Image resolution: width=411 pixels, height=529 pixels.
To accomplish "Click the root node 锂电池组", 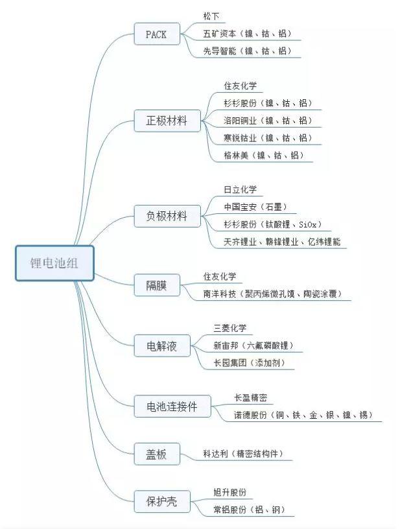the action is click(x=54, y=263).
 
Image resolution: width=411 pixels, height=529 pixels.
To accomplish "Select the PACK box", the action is click(x=157, y=34).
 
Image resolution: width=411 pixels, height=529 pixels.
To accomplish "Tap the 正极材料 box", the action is click(x=167, y=121).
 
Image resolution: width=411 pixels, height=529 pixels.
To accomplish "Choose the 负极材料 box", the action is click(x=167, y=216).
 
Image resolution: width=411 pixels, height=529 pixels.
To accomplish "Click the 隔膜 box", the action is click(x=157, y=285).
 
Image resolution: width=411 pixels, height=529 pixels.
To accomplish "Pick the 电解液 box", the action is click(x=162, y=346).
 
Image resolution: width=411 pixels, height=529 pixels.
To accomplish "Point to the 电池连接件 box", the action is click(x=172, y=406).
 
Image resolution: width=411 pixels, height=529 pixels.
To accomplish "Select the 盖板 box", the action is click(x=157, y=454).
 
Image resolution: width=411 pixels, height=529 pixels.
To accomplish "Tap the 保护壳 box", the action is click(x=162, y=501).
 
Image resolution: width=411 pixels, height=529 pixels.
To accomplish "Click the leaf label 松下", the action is click(x=211, y=16).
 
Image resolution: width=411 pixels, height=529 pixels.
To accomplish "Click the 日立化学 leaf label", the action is click(x=241, y=189).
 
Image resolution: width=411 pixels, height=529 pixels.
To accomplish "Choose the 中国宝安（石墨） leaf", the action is click(x=256, y=207).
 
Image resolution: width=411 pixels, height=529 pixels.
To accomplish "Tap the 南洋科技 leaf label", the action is click(x=220, y=294).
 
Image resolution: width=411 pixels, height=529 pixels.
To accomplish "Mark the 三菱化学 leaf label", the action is click(x=229, y=328).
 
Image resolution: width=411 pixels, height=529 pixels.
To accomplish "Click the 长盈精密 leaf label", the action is click(x=251, y=397).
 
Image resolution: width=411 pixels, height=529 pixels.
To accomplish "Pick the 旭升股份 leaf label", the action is click(x=229, y=492).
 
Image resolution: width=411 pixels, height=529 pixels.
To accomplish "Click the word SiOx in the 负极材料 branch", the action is click(x=308, y=224).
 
